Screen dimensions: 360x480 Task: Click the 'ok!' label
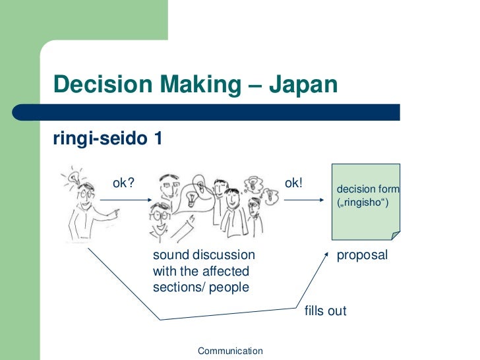point(293,182)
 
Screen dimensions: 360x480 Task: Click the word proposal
point(362,255)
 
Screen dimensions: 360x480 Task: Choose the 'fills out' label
point(325,311)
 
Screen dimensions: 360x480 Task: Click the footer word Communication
point(230,351)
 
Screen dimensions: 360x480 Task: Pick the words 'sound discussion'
point(204,255)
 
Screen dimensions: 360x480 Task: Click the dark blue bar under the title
point(224,112)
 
